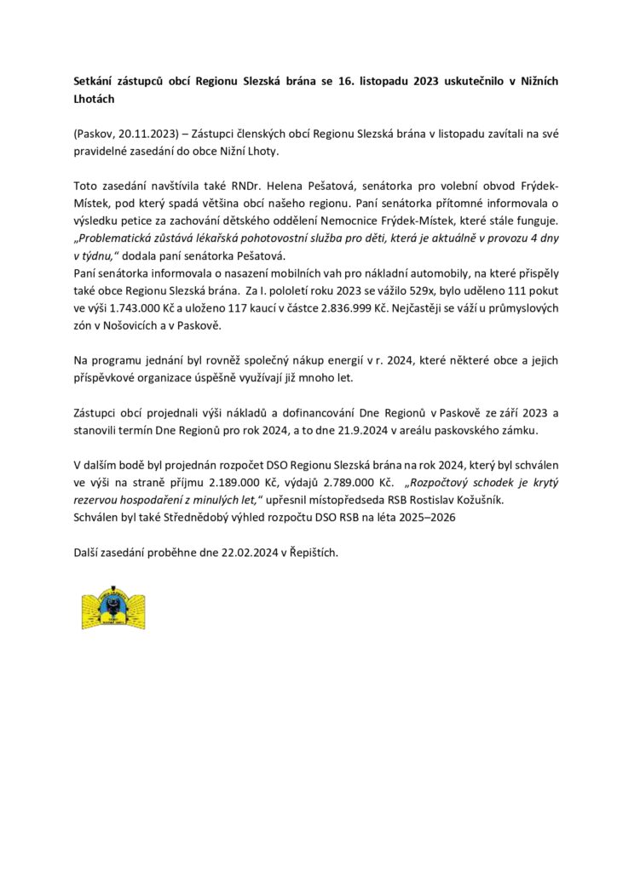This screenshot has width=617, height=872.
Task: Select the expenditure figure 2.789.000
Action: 337,482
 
